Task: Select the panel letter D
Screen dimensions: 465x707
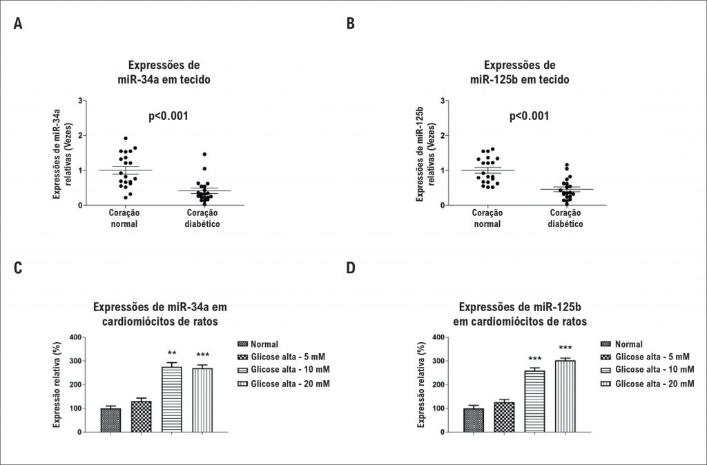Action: pyautogui.click(x=351, y=267)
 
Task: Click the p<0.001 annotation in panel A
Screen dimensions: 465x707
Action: pyautogui.click(x=168, y=116)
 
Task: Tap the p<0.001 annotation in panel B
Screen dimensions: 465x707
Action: pyautogui.click(x=529, y=116)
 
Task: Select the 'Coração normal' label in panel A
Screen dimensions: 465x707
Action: pyautogui.click(x=125, y=219)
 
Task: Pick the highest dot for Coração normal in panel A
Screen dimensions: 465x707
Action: pyautogui.click(x=125, y=139)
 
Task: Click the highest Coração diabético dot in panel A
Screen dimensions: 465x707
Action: pyautogui.click(x=204, y=155)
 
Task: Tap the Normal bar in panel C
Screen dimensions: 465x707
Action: pyautogui.click(x=110, y=420)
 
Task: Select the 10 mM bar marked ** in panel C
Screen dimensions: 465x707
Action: pyautogui.click(x=172, y=399)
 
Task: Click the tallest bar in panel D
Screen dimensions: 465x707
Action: pyautogui.click(x=565, y=396)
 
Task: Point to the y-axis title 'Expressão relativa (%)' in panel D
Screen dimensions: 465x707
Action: pyautogui.click(x=420, y=384)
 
